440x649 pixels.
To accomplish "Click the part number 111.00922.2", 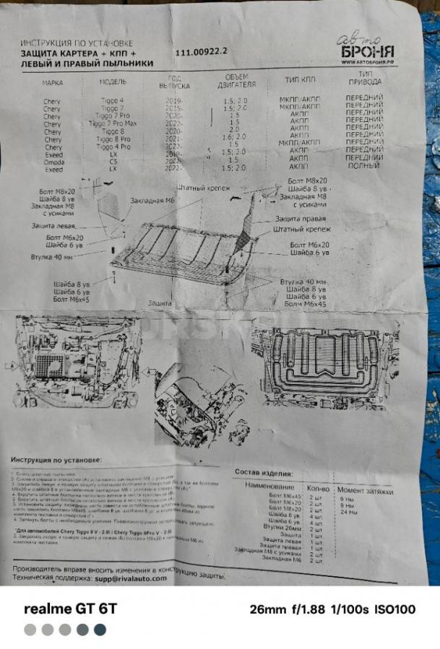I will coord(201,52).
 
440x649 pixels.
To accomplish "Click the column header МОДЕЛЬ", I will coord(113,82).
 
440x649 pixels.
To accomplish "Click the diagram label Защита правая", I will coord(299,219).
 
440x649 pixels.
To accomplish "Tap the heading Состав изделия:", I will coord(263,471).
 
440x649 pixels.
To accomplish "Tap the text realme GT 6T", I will coord(70,609).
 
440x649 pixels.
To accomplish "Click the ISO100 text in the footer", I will coord(394,609).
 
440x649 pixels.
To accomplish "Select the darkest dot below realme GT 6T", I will coord(100,630).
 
